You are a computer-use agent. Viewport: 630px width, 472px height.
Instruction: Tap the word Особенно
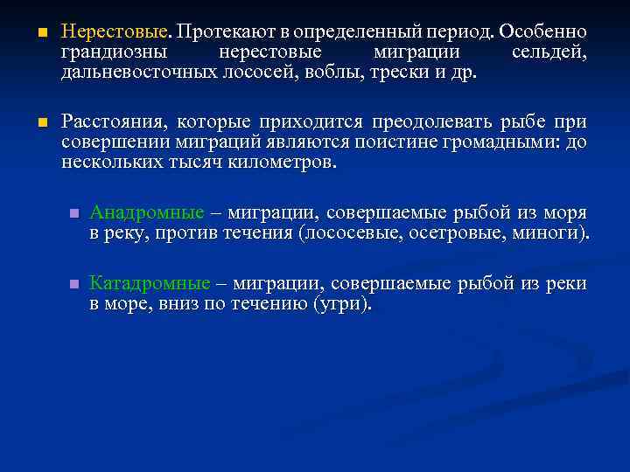coord(543,32)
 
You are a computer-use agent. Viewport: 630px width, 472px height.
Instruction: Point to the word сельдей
coord(549,52)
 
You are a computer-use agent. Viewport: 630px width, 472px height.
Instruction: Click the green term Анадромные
coord(147,213)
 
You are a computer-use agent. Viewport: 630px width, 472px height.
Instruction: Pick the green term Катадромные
coord(150,284)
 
